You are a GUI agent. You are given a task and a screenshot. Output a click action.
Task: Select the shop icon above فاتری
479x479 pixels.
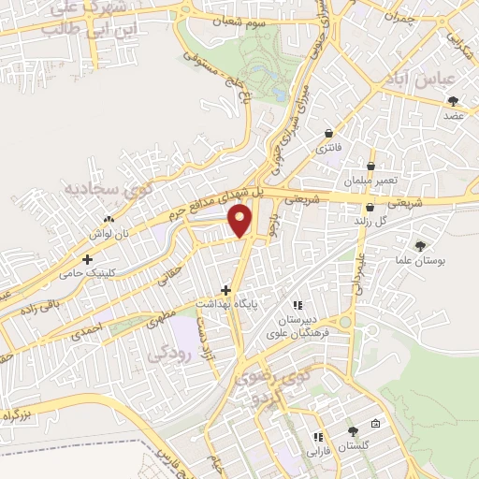(x=328, y=133)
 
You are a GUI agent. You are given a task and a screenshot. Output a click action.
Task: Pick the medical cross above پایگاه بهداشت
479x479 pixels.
(x=225, y=290)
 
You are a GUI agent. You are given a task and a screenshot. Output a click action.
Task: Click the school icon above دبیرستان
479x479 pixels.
(x=298, y=305)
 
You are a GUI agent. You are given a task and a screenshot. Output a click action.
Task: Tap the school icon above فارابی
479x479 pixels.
(x=318, y=436)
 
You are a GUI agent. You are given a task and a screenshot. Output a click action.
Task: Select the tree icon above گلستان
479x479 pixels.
(x=353, y=431)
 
